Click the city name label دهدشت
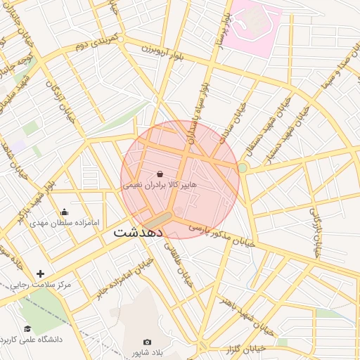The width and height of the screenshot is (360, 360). [x=139, y=231]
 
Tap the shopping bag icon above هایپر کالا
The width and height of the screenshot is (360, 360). [x=160, y=174]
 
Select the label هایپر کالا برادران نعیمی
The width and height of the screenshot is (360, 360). [x=160, y=185]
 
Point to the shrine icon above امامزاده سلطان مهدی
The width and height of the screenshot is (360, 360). [x=65, y=212]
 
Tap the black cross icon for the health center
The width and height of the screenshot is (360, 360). [x=40, y=274]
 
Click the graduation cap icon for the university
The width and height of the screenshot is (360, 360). [x=27, y=328]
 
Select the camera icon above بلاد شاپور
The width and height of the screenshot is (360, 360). [x=147, y=342]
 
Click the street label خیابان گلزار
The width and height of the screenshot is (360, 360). [x=249, y=348]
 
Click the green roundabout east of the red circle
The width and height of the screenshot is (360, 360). [x=243, y=167]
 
